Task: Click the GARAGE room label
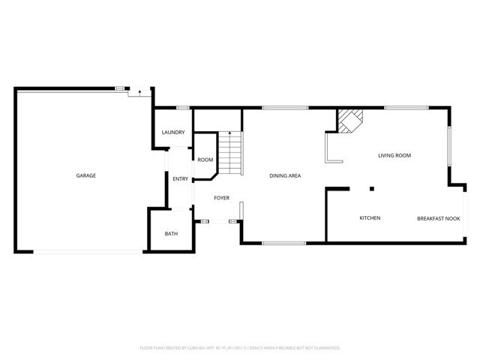pos(85,175)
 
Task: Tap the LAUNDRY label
pos(173,133)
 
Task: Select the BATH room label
pos(172,234)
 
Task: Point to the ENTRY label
pos(180,178)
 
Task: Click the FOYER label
pos(221,198)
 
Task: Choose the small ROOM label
pos(205,160)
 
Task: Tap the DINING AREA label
pos(285,175)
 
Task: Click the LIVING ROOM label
pos(394,155)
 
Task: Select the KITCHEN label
pos(370,218)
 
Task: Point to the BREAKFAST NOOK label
pos(438,218)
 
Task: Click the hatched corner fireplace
pos(349,121)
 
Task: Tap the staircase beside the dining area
pos(230,153)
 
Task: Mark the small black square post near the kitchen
pos(371,188)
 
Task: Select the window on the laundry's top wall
pos(182,109)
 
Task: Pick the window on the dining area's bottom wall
pos(283,243)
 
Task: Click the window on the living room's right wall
pos(449,145)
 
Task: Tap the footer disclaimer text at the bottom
pos(240,348)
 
